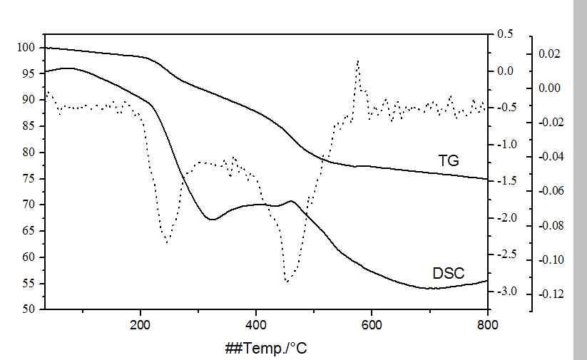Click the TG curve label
coord(449,160)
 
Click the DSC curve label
coord(449,273)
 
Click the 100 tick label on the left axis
coord(26,47)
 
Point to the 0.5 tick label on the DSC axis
coord(505,34)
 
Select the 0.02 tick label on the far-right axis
coord(551,53)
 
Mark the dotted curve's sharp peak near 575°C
coord(357,61)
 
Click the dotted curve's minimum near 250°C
coord(168,242)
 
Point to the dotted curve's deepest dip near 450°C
coord(287,282)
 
